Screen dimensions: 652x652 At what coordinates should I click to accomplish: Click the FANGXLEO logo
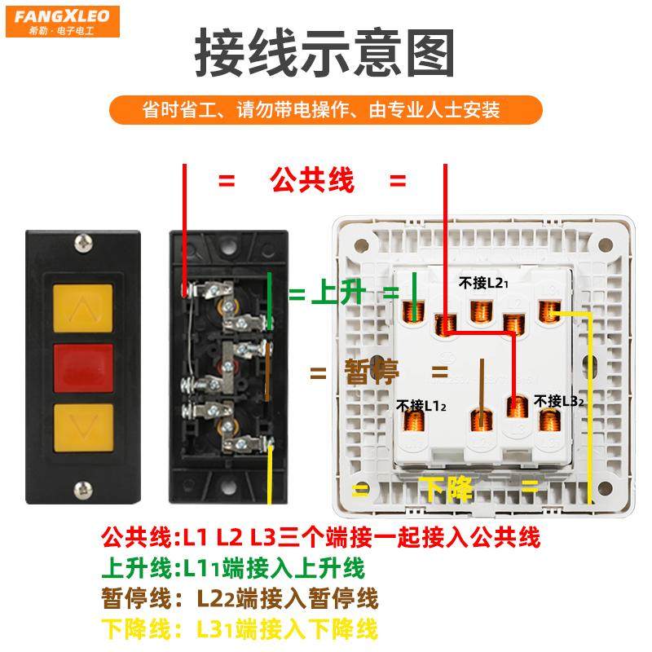pyautogui.click(x=62, y=21)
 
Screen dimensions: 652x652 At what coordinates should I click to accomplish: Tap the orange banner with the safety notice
pyautogui.click(x=325, y=109)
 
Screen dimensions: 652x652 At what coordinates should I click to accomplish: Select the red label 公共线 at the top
pyautogui.click(x=311, y=181)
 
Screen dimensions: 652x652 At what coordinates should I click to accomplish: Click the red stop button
pyautogui.click(x=83, y=364)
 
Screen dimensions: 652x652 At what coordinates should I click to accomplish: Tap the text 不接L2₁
pyautogui.click(x=483, y=283)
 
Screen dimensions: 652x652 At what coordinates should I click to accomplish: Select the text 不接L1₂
pyautogui.click(x=421, y=404)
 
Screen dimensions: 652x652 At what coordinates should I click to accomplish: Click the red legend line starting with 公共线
pyautogui.click(x=320, y=537)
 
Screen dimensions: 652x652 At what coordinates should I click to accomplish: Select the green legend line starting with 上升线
pyautogui.click(x=232, y=567)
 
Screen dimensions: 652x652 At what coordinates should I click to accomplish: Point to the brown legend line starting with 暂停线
pyautogui.click(x=240, y=599)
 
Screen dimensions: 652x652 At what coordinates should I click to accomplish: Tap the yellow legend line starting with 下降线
pyautogui.click(x=240, y=629)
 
